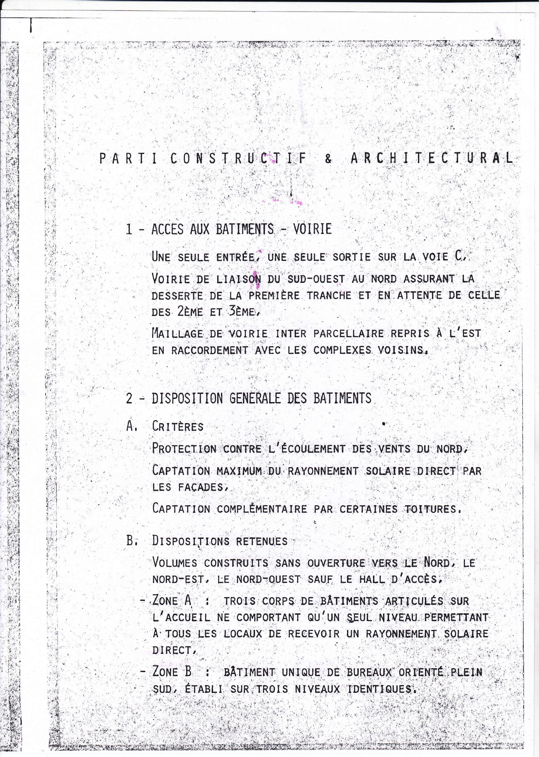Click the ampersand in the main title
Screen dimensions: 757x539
pos(328,159)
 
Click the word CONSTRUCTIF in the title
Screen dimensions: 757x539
pos(239,159)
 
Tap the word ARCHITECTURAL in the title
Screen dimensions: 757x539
pos(432,159)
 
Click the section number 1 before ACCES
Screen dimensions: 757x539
pos(129,229)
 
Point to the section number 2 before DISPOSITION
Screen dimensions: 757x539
pos(129,398)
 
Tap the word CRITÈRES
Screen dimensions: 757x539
pos(178,427)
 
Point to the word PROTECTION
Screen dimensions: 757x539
pos(184,448)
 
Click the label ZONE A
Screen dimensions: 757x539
pos(172,600)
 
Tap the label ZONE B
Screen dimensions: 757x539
pos(172,671)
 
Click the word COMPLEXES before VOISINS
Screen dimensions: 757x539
pos(342,350)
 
